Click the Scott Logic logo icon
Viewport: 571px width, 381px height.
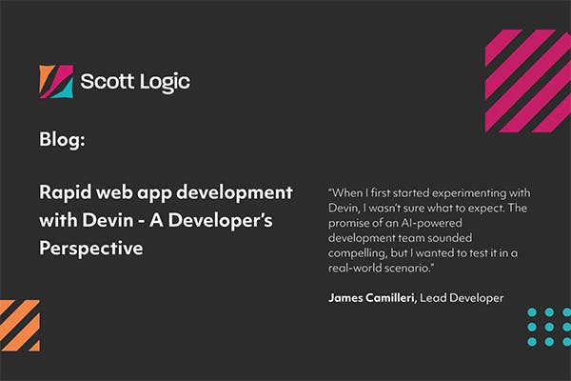click(56, 82)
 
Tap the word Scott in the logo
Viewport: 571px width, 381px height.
click(108, 82)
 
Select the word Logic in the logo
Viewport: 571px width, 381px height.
click(163, 82)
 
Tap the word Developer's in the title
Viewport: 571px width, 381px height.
click(228, 219)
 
